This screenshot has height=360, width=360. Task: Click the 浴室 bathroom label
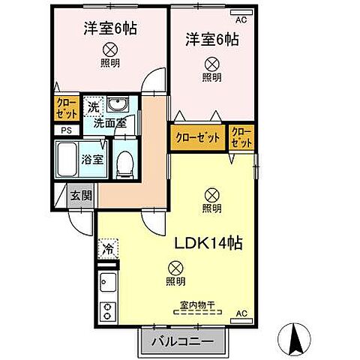pos(103,159)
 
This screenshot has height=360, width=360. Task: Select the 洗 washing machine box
pos(93,106)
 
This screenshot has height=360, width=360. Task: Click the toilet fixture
pos(124,163)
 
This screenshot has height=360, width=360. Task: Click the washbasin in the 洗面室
pos(118,104)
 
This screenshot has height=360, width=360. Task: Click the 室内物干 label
pos(197,304)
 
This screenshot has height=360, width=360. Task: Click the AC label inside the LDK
pos(241,313)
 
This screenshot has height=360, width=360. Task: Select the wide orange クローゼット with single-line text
pos(199,137)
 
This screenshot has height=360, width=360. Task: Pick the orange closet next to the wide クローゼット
pos(242,137)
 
